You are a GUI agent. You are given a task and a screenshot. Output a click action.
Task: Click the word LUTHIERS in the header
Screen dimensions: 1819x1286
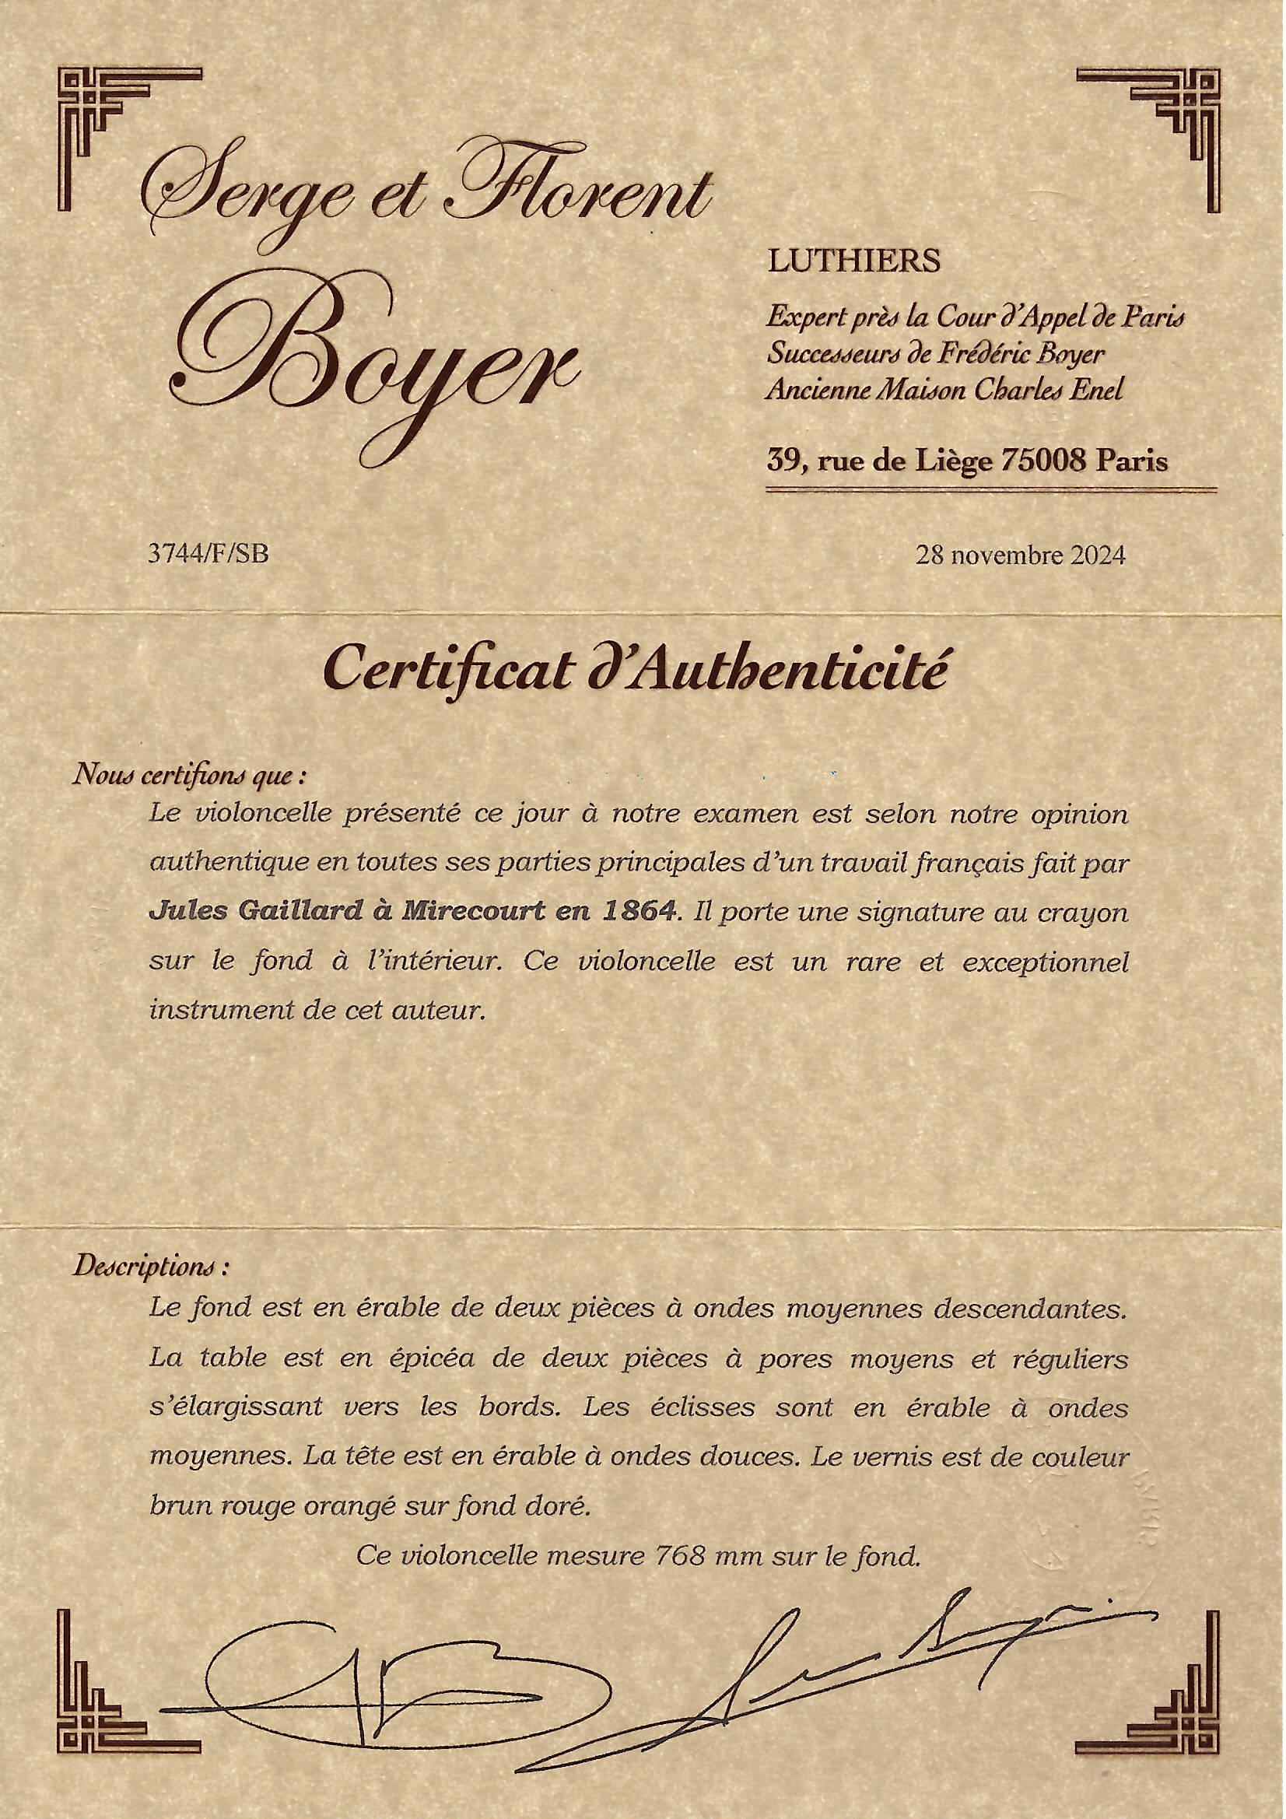853,261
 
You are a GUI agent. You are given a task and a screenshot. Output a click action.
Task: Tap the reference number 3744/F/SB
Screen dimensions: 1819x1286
208,554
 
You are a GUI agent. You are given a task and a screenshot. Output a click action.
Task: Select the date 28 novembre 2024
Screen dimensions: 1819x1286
1021,556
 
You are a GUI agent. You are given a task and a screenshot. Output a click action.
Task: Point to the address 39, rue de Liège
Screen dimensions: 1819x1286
880,461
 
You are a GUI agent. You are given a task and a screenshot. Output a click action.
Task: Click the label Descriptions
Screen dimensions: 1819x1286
151,1266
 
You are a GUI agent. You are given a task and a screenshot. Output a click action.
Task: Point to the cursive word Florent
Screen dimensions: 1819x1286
578,190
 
